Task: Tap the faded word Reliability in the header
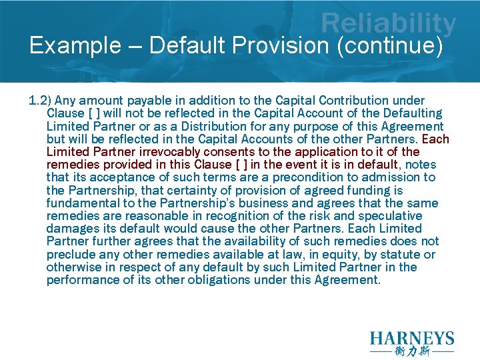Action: point(389,25)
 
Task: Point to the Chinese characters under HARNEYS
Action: point(412,351)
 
